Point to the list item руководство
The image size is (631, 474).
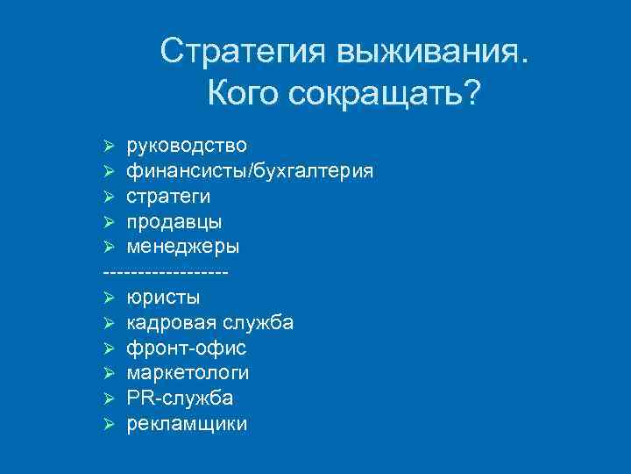[186, 144]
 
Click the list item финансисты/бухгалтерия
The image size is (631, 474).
[250, 169]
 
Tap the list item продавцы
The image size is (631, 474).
[174, 220]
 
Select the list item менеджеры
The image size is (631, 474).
[181, 246]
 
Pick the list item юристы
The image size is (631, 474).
[163, 297]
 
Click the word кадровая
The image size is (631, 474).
[166, 323]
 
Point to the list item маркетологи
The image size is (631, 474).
[188, 373]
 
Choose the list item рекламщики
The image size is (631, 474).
[187, 424]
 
